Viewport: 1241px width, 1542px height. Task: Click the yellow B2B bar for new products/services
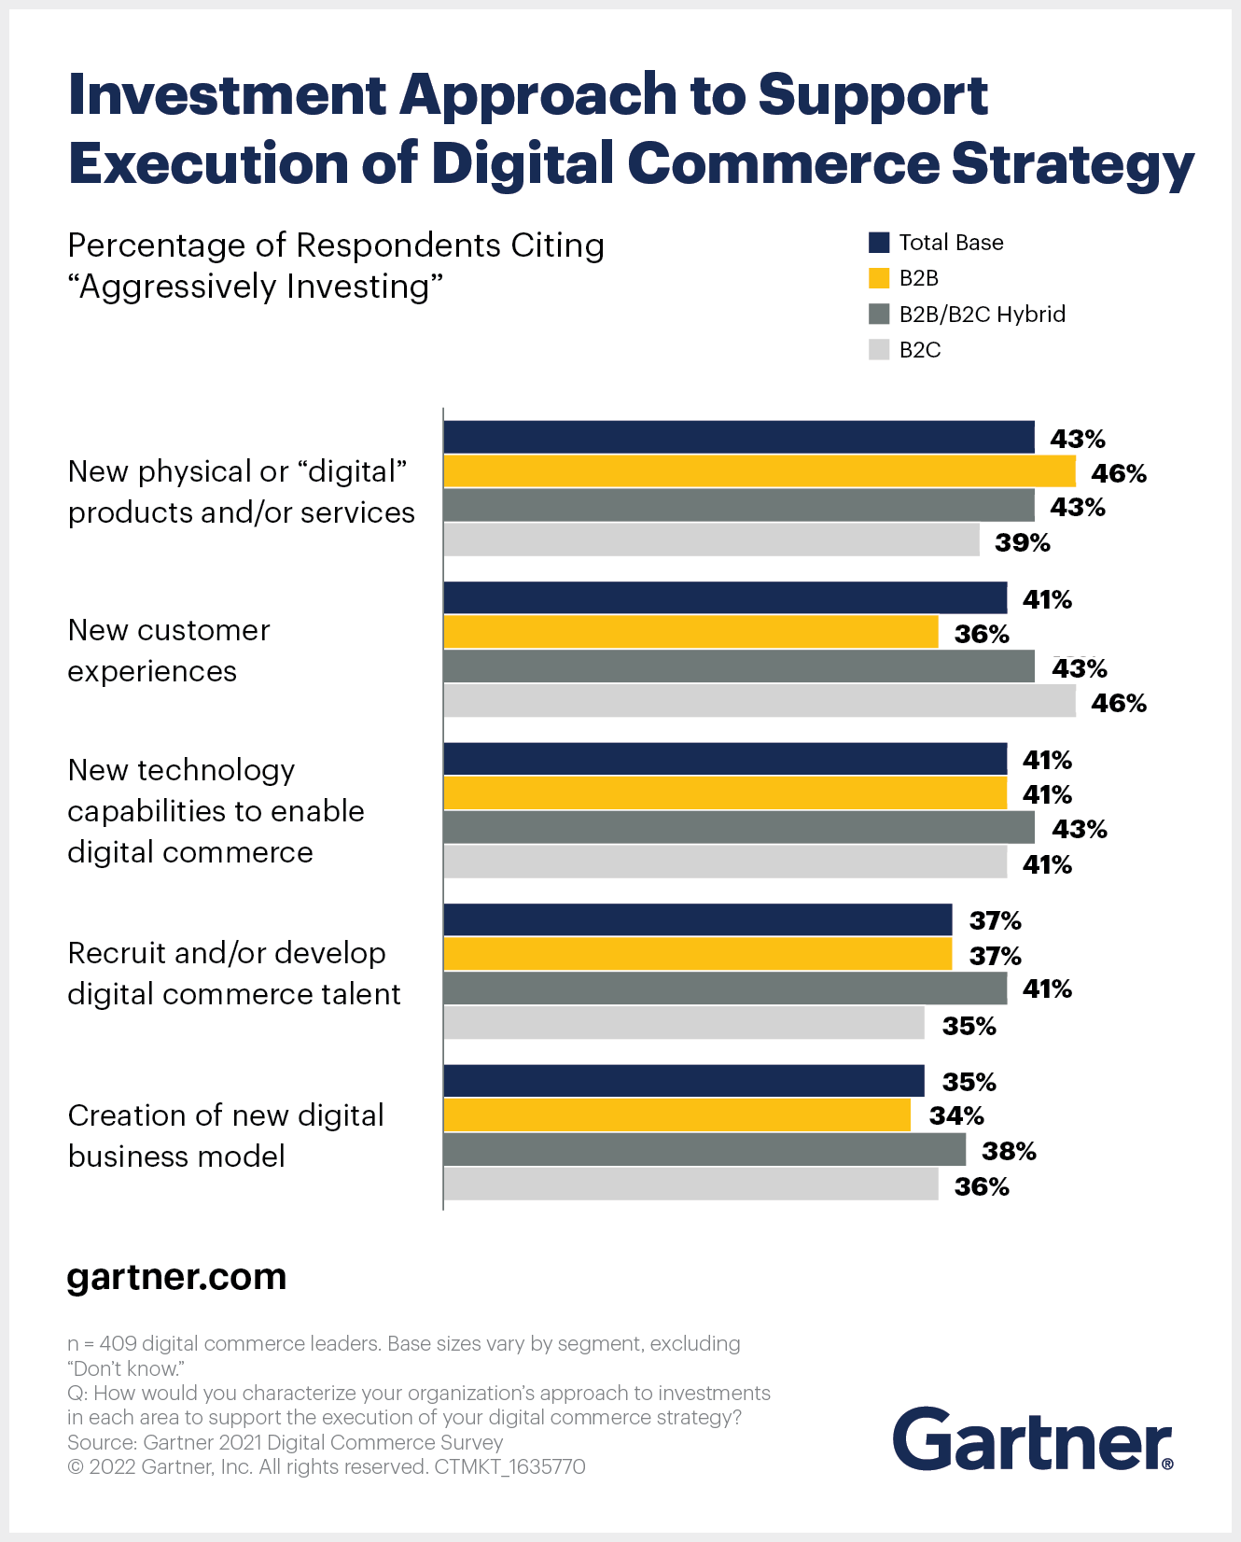(759, 471)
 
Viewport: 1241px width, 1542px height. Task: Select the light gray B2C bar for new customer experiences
(759, 701)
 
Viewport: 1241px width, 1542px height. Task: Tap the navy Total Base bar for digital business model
(683, 1081)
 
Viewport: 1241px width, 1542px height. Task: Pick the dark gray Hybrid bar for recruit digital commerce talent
(724, 988)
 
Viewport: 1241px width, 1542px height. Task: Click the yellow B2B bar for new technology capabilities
(724, 793)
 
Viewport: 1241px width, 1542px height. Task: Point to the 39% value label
(1022, 543)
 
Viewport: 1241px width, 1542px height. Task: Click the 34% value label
(956, 1116)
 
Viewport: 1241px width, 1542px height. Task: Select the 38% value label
(1009, 1152)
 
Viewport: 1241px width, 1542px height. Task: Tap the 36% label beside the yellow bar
(982, 635)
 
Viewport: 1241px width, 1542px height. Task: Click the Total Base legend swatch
(879, 243)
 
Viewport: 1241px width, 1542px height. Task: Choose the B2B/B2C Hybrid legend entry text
(982, 315)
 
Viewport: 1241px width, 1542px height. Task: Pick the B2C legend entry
(919, 350)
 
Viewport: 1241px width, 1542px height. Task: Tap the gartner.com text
(176, 1277)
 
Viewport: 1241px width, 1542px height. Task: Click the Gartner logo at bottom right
(1032, 1439)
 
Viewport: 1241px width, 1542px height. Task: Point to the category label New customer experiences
(169, 651)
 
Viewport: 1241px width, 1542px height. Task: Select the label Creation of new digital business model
(225, 1136)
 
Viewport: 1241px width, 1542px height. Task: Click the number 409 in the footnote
(118, 1344)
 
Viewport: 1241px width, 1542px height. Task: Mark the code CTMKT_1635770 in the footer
(509, 1467)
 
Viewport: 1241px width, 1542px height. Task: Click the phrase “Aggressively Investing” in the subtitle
(255, 287)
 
